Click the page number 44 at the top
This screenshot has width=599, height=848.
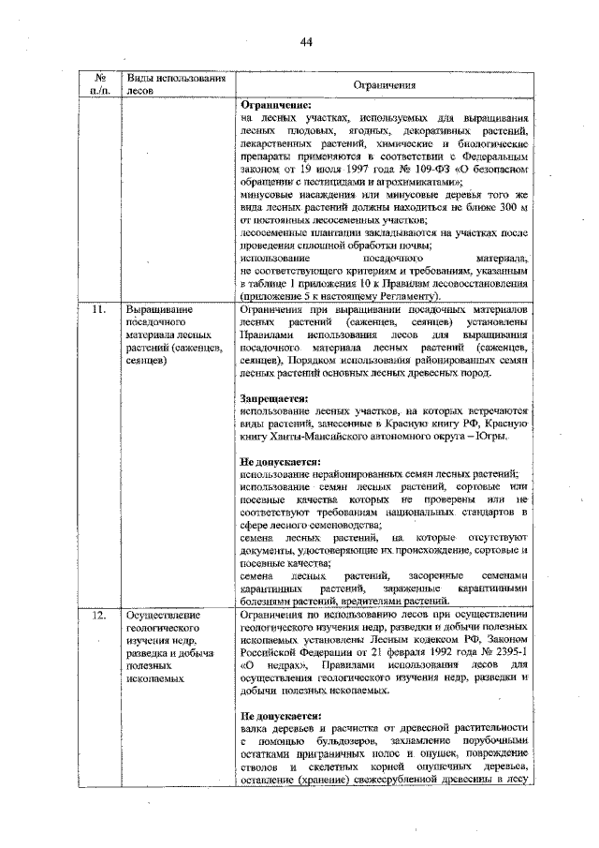(305, 39)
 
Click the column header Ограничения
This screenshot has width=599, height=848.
(384, 85)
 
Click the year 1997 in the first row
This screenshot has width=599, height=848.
(345, 169)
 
